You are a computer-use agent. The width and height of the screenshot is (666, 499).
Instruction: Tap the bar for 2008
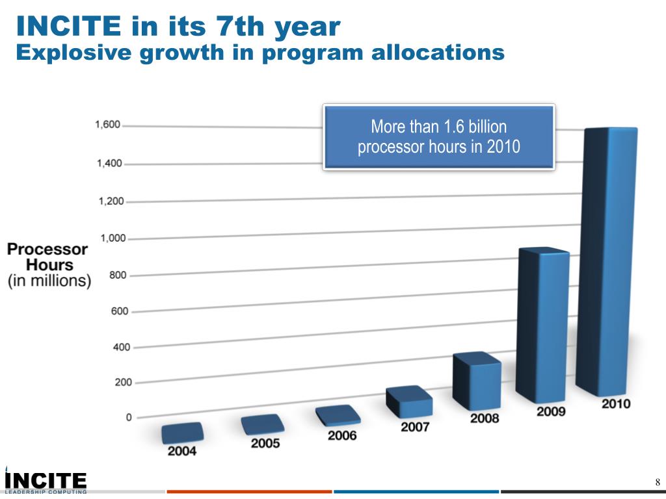(x=478, y=383)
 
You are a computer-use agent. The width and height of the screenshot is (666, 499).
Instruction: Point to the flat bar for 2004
(x=182, y=432)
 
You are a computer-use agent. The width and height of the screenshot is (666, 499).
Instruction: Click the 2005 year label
(x=265, y=443)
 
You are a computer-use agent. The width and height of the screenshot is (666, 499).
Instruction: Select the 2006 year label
(x=342, y=435)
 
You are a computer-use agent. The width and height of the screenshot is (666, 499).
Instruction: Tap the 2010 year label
(x=615, y=403)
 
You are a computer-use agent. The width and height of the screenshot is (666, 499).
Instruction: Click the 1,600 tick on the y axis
(x=108, y=125)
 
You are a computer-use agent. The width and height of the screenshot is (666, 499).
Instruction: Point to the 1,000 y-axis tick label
(x=113, y=238)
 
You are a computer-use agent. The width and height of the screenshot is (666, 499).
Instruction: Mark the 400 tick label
(x=122, y=347)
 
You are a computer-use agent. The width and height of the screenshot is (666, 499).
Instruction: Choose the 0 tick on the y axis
(x=128, y=417)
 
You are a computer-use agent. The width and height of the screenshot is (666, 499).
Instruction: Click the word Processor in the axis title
(x=47, y=249)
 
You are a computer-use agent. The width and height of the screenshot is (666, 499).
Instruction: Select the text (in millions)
(x=49, y=281)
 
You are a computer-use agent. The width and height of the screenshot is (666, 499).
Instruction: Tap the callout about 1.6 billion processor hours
(x=439, y=136)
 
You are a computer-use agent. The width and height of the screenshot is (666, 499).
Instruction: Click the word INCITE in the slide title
(x=68, y=27)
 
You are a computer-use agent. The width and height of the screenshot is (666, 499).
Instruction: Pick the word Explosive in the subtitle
(x=72, y=53)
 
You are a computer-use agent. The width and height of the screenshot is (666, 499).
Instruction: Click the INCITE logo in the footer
(x=46, y=481)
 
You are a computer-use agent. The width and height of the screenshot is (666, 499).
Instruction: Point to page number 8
(x=658, y=482)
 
